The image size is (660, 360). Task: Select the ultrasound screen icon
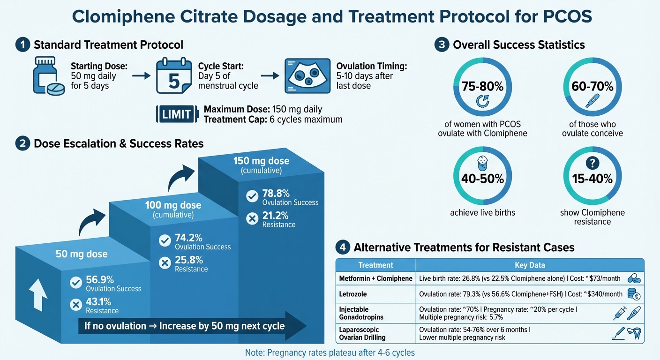pyautogui.click(x=307, y=75)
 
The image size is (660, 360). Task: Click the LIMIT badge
pyautogui.click(x=176, y=114)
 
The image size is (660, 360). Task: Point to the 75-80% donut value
pyautogui.click(x=482, y=86)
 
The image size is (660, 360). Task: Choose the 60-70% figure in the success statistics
pyautogui.click(x=592, y=86)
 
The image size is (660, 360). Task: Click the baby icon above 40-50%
pyautogui.click(x=482, y=164)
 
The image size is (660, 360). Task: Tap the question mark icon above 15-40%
pyautogui.click(x=592, y=163)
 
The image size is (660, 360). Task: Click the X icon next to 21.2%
pyautogui.click(x=252, y=219)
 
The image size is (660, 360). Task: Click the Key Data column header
pyautogui.click(x=530, y=265)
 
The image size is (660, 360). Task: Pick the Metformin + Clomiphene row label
pyautogui.click(x=375, y=278)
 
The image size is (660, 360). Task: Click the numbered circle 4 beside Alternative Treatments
pyautogui.click(x=343, y=247)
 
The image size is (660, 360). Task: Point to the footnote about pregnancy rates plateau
pyautogui.click(x=330, y=352)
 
